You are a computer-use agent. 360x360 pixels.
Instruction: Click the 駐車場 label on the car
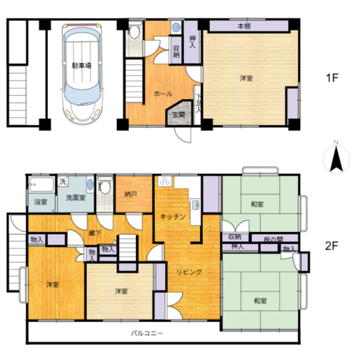pos(82,65)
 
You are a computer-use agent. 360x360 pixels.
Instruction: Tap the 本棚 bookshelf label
pos(244,26)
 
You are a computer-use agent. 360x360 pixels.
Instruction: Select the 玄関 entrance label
pos(179,115)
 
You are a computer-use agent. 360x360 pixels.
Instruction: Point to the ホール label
pos(163,94)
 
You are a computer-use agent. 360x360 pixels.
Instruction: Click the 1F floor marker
pos(332,78)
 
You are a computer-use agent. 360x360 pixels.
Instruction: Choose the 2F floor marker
pos(332,246)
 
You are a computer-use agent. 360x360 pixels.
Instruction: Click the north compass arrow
pos(337,159)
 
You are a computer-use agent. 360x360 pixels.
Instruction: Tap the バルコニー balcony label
pos(147,333)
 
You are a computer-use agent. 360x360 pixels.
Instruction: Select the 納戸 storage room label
pos(131,194)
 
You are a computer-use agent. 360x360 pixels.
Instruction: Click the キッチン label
pos(172,217)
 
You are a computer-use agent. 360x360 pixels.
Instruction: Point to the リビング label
pos(189,272)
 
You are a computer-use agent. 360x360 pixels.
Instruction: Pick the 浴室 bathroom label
pos(41,202)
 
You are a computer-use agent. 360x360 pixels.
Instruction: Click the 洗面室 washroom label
pos(76,197)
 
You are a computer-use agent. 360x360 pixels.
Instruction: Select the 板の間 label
pos(273,239)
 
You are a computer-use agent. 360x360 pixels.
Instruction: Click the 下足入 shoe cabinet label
pos(198,103)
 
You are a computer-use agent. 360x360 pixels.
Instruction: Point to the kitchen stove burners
pos(165,181)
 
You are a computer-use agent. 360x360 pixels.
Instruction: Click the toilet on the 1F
pos(134,31)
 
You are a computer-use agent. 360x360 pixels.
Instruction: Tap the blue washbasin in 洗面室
pos(91,184)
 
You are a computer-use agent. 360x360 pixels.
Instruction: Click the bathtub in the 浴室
pos(41,185)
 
